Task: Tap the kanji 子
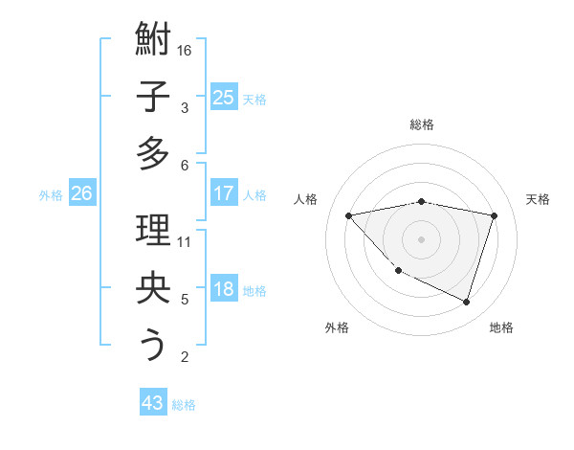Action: [x=153, y=97]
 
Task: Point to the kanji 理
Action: [x=153, y=233]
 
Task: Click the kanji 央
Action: [x=153, y=289]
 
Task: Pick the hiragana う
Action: [x=153, y=345]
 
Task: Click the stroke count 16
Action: [x=186, y=50]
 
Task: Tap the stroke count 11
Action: [x=186, y=241]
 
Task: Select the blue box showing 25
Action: [x=223, y=97]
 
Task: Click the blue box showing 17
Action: [x=223, y=193]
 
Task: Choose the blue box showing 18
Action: [x=223, y=289]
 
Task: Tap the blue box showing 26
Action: [x=81, y=193]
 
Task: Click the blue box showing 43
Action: [x=153, y=403]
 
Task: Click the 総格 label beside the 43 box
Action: [x=184, y=405]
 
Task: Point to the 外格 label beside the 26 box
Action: [x=51, y=195]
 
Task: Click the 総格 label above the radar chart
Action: [x=422, y=124]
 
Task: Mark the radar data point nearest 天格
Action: [x=494, y=215]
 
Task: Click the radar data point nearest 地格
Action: [x=466, y=302]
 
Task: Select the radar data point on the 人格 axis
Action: [x=349, y=215]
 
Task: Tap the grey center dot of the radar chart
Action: [x=422, y=238]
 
